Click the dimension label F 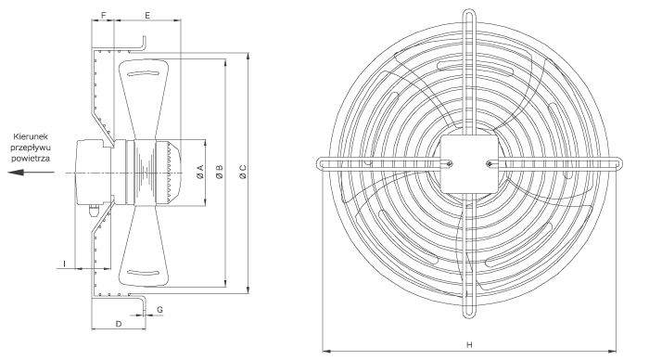click(104, 16)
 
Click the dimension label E click(147, 16)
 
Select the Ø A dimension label click(201, 172)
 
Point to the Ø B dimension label click(220, 172)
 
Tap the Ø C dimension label click(243, 172)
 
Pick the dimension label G click(159, 310)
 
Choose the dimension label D click(119, 324)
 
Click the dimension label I click(65, 264)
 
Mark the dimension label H click(469, 344)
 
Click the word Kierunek click(31, 136)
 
